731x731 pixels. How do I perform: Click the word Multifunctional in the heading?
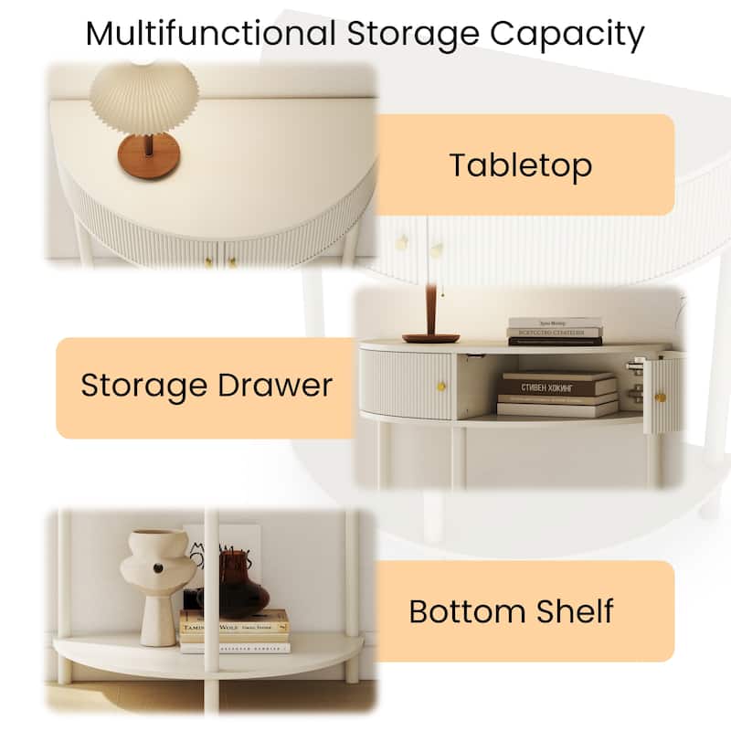point(210,34)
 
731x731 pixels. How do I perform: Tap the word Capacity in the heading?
point(567,34)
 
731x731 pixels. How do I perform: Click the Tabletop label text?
point(521,165)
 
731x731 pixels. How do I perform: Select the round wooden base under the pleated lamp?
point(148,158)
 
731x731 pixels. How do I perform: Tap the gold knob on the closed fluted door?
point(440,387)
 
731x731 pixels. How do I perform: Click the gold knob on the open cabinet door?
point(660,397)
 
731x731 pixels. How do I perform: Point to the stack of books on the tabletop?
point(555,331)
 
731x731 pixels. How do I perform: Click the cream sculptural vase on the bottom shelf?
point(157,580)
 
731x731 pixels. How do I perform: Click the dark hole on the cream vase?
point(157,568)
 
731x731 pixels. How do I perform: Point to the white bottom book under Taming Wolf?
point(235,647)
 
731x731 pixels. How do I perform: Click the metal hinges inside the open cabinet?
point(632,379)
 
